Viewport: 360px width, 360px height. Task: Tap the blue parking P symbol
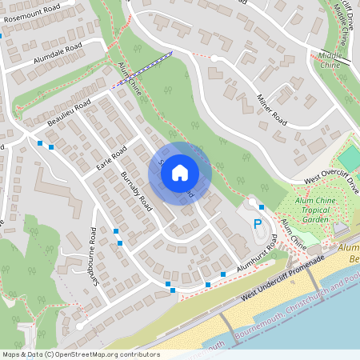click(x=258, y=224)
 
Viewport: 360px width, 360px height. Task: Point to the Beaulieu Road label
click(x=70, y=110)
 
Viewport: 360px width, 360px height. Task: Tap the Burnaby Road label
click(x=136, y=190)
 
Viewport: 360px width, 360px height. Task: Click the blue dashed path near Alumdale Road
click(x=142, y=70)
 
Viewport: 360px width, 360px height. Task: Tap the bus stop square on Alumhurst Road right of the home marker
click(x=261, y=206)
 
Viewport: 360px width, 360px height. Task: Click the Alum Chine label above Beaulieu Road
click(x=129, y=78)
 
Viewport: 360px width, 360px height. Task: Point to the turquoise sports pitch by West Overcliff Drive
click(x=350, y=157)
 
